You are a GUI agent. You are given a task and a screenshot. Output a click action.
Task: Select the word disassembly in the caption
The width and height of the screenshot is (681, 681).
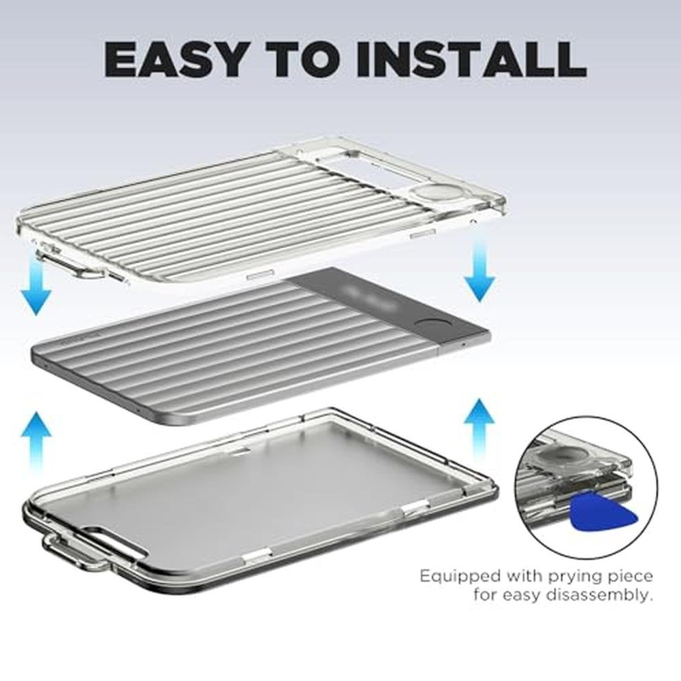click(599, 595)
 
